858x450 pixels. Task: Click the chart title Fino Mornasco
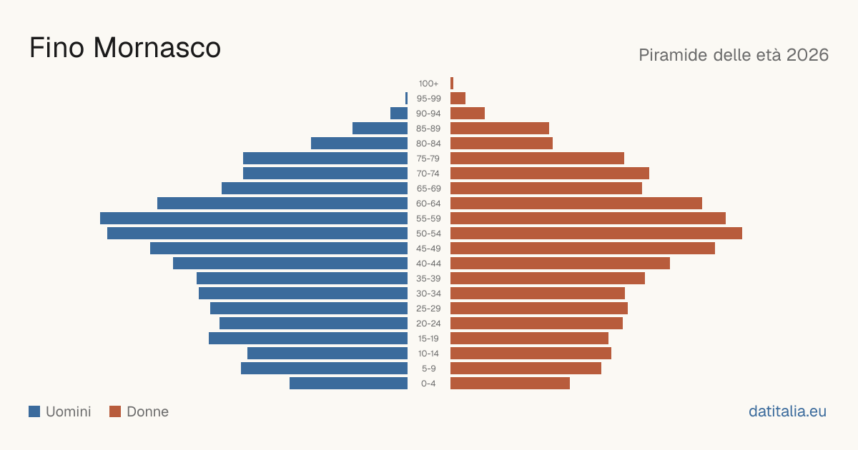point(125,48)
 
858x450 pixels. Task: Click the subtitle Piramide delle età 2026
point(734,55)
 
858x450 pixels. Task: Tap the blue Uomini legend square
point(34,411)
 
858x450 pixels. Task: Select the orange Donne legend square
point(115,411)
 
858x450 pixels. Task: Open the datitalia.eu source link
point(787,411)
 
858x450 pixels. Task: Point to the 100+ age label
point(428,84)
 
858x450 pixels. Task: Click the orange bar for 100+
point(452,84)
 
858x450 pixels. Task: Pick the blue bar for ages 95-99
point(406,99)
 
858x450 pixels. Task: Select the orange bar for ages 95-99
point(458,99)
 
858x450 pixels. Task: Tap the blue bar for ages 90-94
point(399,114)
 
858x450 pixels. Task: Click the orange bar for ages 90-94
point(468,114)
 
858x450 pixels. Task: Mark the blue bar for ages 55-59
point(254,218)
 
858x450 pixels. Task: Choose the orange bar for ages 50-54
point(596,234)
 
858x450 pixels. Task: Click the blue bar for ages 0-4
point(349,384)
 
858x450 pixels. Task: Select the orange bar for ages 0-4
point(510,384)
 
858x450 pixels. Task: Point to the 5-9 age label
point(428,369)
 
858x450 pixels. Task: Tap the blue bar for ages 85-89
point(380,128)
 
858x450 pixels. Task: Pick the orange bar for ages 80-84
point(501,143)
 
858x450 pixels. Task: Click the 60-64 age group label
point(428,203)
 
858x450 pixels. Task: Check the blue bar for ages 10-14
point(327,353)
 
